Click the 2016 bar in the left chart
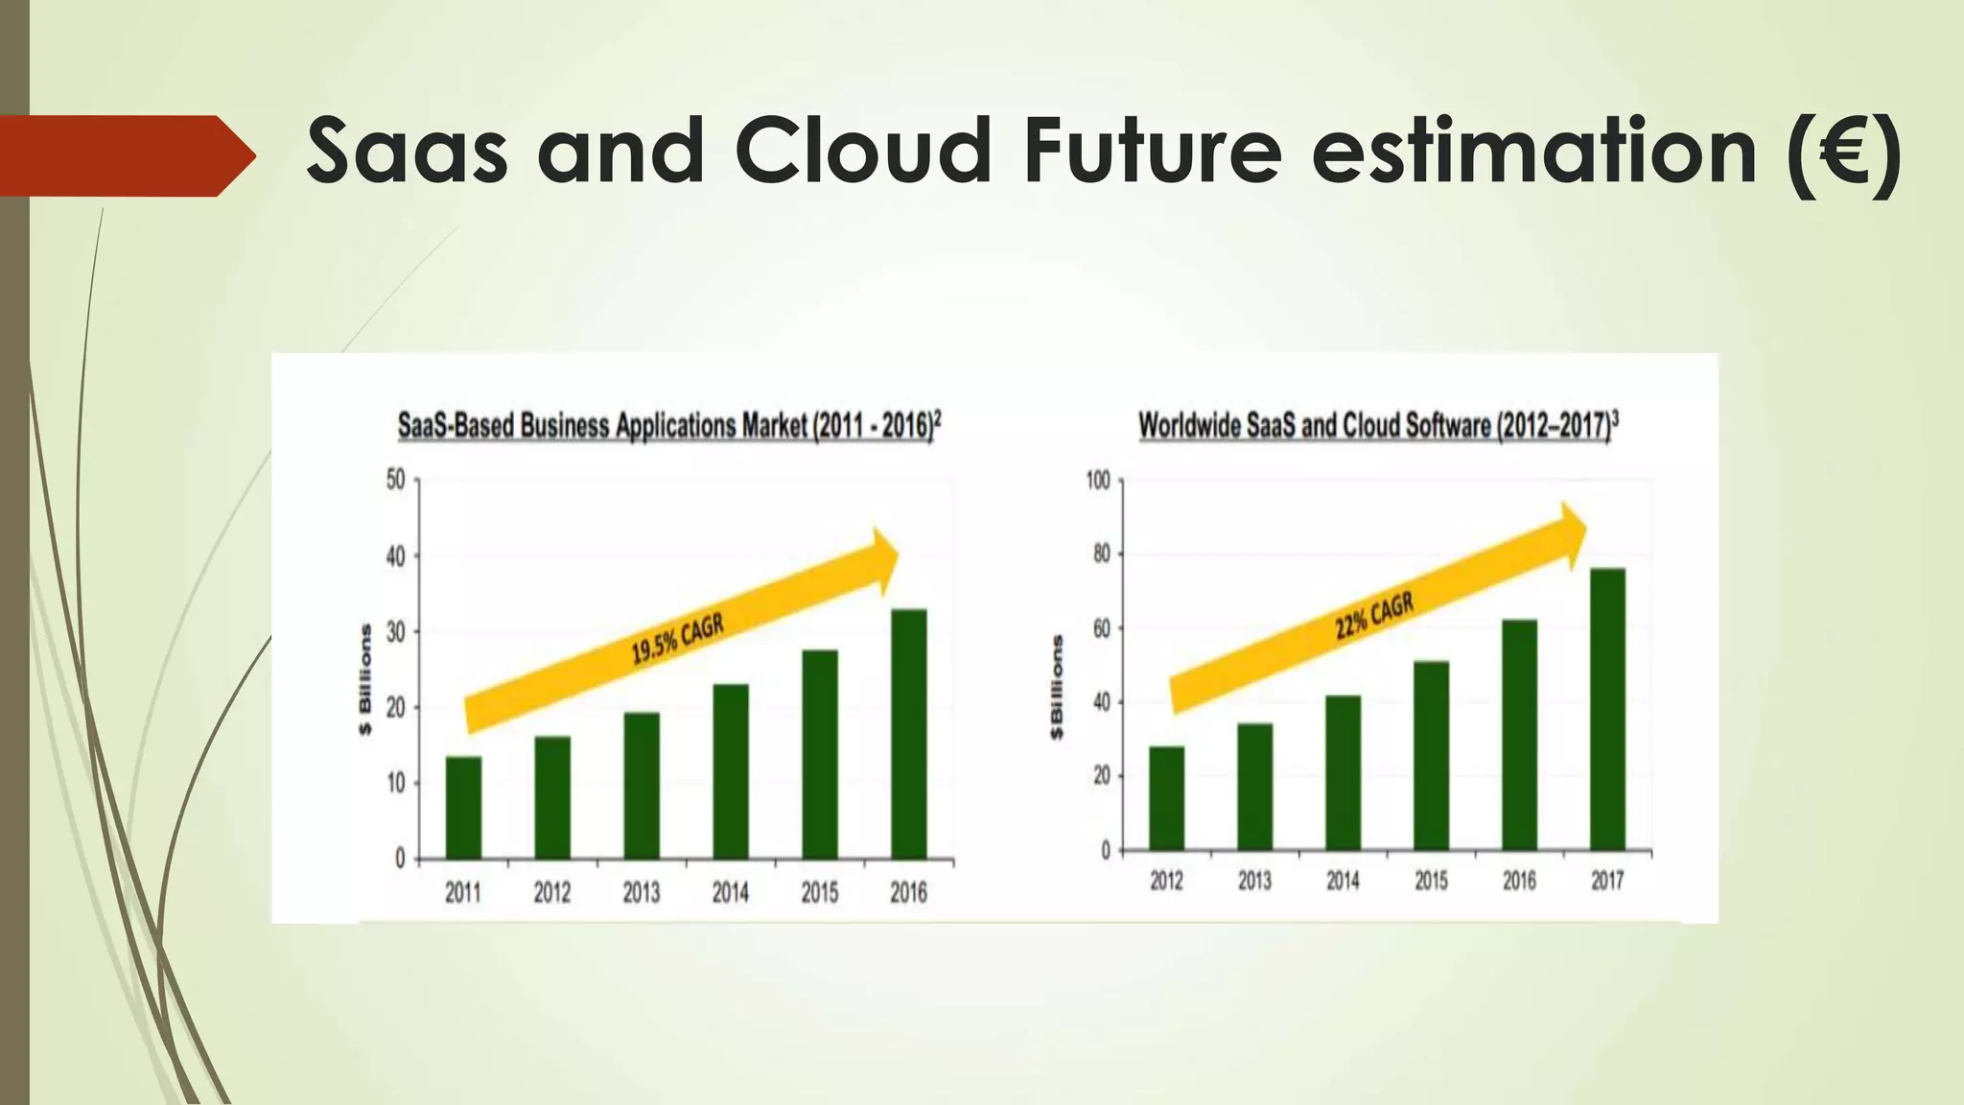(909, 734)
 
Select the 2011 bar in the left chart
(463, 808)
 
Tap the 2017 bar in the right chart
(1607, 710)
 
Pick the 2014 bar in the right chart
(1343, 773)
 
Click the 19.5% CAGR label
(677, 639)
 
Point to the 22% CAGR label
(1374, 617)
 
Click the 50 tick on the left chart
(395, 480)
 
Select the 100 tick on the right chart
(1097, 481)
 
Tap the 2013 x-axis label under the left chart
(642, 893)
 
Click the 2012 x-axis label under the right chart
(1166, 881)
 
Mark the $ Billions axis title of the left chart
(365, 679)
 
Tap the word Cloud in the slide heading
(862, 152)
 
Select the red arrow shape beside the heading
(125, 155)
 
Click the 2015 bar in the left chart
(820, 755)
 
